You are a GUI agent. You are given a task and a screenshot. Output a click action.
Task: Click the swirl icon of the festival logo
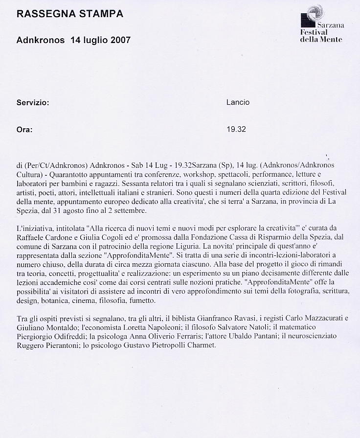point(315,12)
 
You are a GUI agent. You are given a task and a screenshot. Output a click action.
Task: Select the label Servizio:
point(33,103)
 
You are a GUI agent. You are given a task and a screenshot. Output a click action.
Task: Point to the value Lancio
point(238,103)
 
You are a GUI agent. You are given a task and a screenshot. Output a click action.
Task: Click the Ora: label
point(24,130)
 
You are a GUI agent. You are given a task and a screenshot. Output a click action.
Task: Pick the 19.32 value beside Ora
point(236,130)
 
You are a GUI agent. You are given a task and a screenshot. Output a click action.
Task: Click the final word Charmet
point(201,345)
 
